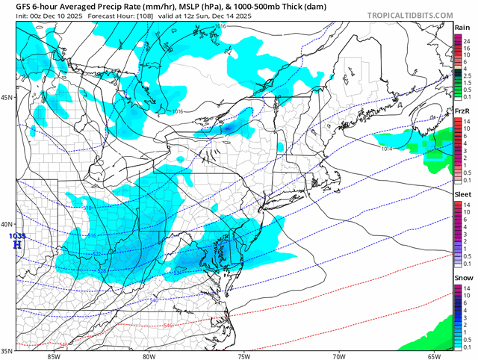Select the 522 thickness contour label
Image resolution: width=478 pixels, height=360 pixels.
[x=98, y=254]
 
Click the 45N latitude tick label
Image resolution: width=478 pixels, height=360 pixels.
[x=7, y=98]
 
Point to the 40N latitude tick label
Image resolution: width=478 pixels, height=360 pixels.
[x=7, y=225]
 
